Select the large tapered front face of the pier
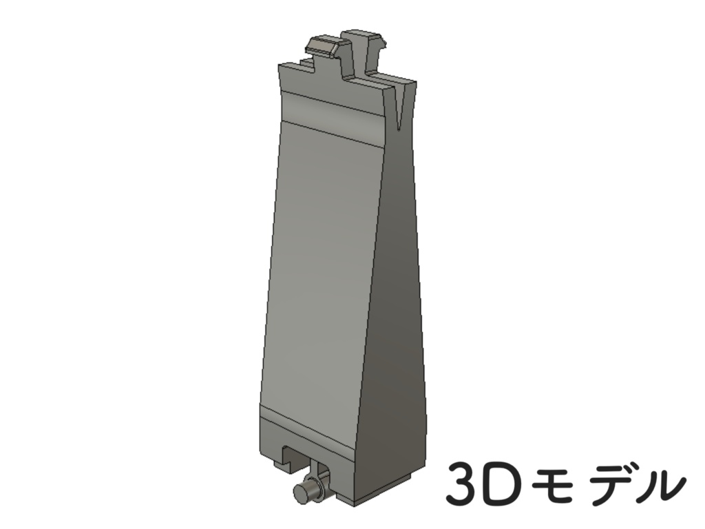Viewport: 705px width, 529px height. point(320,276)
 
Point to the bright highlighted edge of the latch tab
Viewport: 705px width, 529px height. point(321,41)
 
